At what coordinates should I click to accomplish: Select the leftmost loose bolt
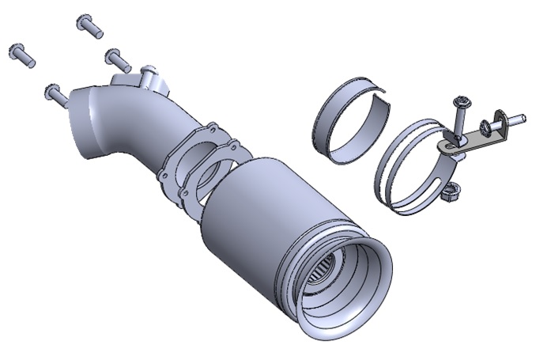[x=21, y=54]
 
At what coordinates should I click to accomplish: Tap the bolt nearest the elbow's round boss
[x=118, y=58]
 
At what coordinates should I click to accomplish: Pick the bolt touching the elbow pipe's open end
[x=56, y=93]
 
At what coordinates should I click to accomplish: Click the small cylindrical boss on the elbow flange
[x=148, y=78]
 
